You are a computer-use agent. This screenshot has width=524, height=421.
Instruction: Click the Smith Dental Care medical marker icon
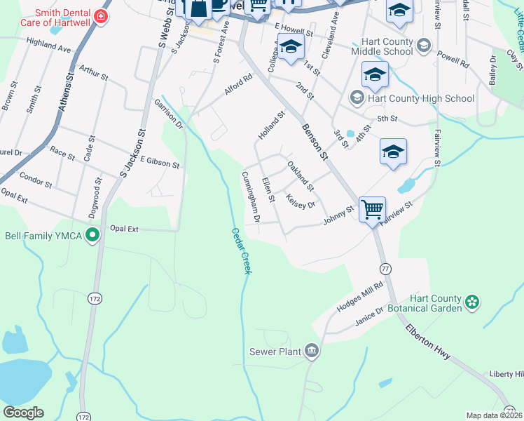point(102,16)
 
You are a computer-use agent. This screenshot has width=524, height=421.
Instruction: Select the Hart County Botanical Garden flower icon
point(473,302)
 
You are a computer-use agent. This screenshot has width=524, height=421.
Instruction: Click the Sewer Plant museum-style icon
point(312,351)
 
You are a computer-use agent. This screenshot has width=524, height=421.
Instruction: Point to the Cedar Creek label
point(241,250)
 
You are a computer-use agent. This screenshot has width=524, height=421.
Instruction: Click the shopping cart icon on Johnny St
point(372,208)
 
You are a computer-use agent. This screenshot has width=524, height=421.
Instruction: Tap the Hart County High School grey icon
point(357,98)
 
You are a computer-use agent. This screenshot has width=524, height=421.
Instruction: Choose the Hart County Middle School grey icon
point(423,46)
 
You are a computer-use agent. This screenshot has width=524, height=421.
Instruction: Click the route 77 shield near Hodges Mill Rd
point(385,269)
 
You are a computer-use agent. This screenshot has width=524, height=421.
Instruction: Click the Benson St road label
point(315,142)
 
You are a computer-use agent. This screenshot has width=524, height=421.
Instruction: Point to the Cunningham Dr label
point(251,197)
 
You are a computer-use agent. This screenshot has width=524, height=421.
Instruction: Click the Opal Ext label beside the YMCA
point(125,229)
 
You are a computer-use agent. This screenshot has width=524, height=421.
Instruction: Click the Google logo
point(23,413)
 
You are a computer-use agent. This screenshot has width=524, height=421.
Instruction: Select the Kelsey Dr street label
point(301,201)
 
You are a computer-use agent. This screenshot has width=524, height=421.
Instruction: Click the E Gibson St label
point(160,163)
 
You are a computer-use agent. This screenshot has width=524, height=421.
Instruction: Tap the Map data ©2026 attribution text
point(494,415)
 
